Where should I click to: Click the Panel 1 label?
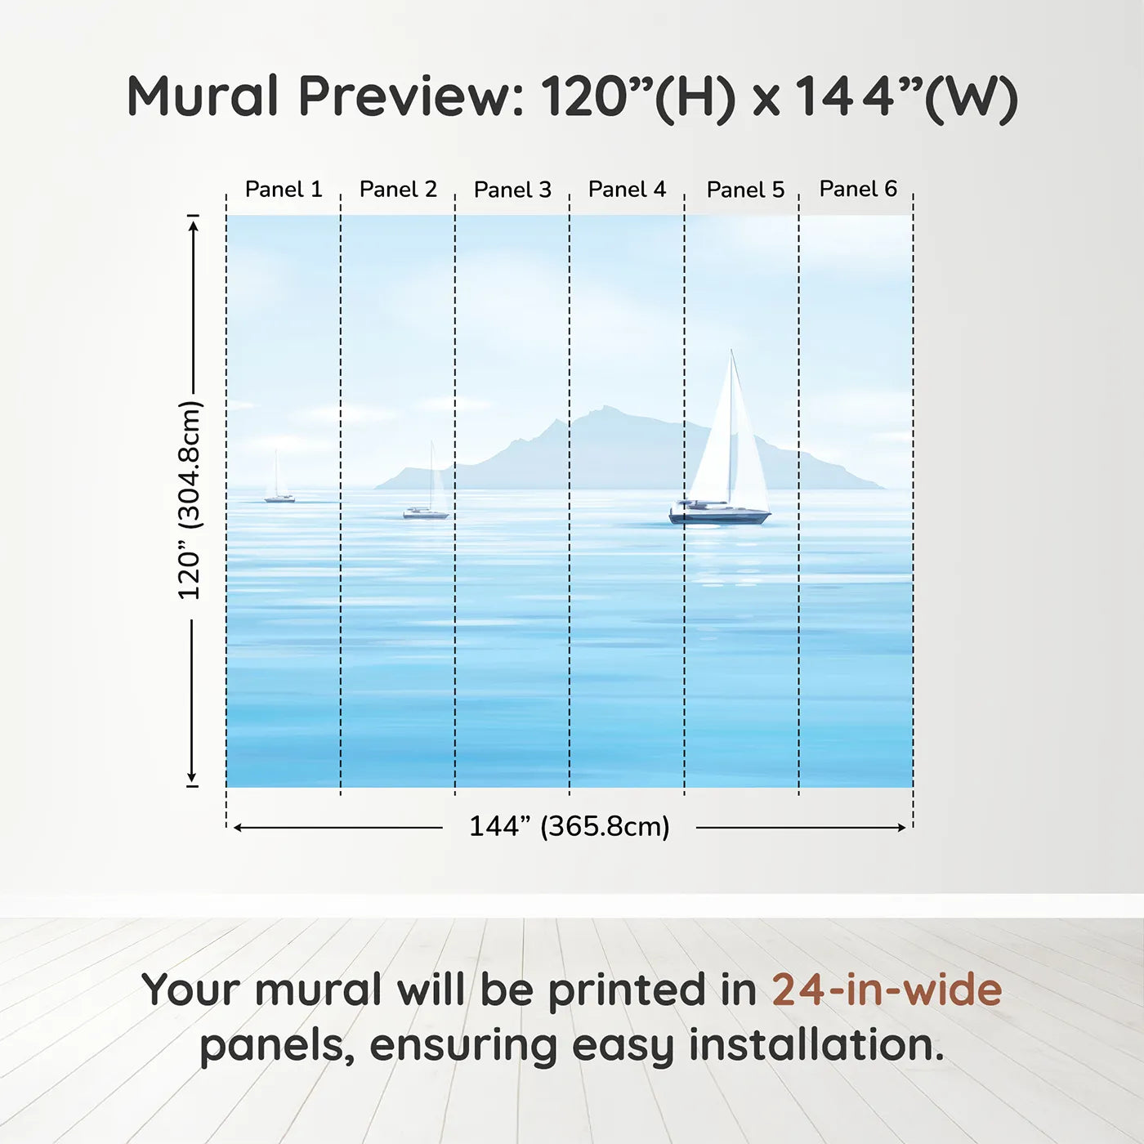point(284,190)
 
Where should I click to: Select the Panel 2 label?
point(398,190)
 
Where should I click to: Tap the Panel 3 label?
point(513,190)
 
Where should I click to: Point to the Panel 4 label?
point(628,190)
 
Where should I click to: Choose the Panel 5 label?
point(746,190)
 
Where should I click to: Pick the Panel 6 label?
point(859,189)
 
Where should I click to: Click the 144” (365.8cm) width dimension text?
point(570,826)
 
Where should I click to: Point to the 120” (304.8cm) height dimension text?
point(190,500)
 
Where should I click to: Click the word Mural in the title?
point(203,96)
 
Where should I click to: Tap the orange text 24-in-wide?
point(887,989)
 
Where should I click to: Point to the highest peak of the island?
point(605,407)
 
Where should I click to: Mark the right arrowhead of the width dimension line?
point(901,828)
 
